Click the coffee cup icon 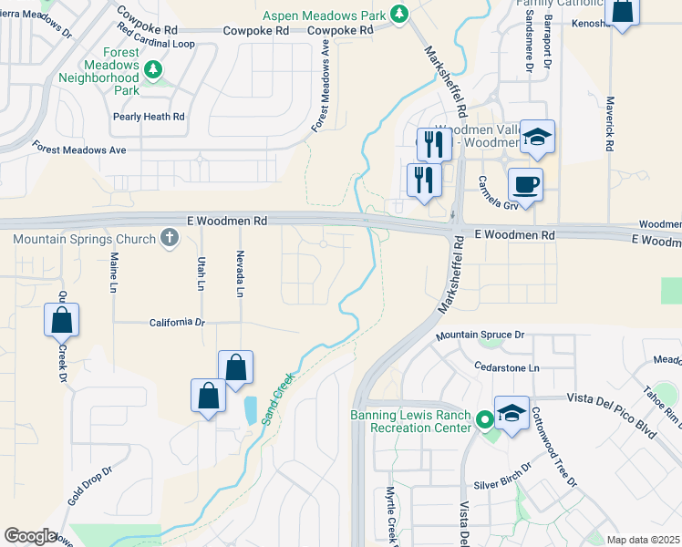(525, 184)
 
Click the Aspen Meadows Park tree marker (398, 13)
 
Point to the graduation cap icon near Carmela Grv (538, 137)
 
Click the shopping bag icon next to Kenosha (623, 12)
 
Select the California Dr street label (178, 322)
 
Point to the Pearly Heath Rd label (149, 117)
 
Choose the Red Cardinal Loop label (156, 43)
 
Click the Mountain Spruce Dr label (480, 335)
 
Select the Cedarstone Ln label (507, 367)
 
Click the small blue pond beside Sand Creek (249, 410)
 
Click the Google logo (30, 536)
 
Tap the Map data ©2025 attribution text (642, 540)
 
